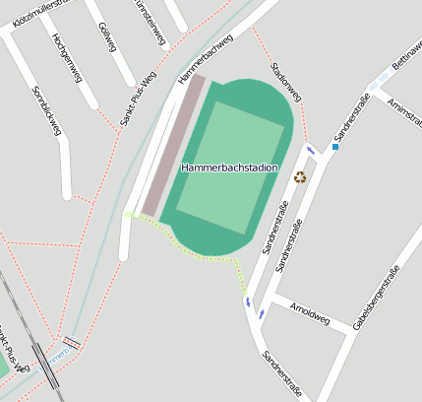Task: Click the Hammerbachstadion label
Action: (x=229, y=168)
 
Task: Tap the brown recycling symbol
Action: (x=300, y=177)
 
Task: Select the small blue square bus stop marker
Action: (x=334, y=147)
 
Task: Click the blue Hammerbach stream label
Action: (x=59, y=350)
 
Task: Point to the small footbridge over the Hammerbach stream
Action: (x=70, y=343)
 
